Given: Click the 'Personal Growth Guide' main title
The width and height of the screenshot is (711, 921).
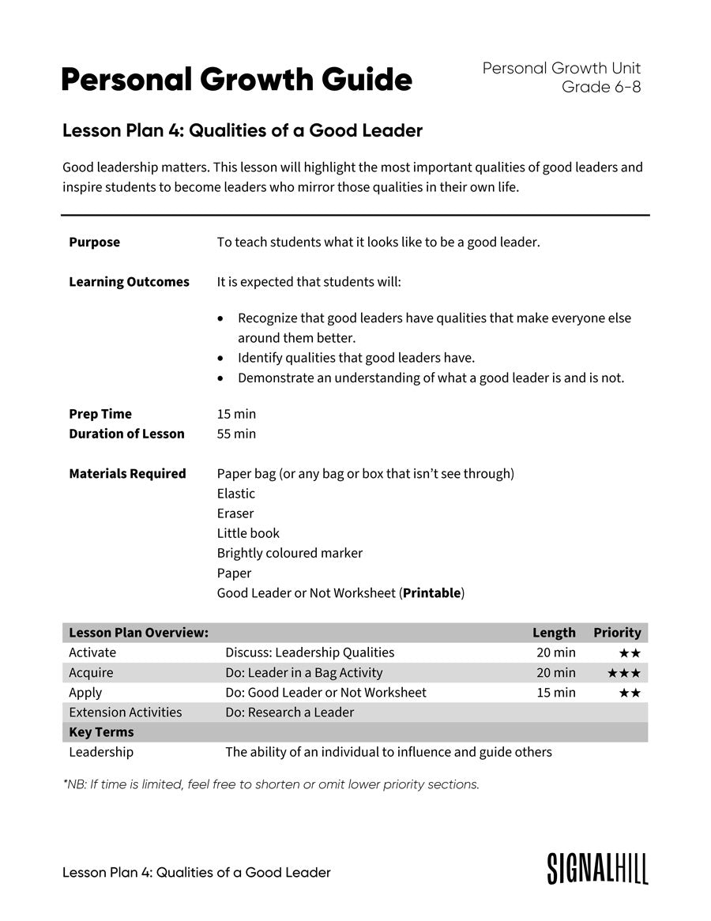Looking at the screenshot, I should pyautogui.click(x=236, y=80).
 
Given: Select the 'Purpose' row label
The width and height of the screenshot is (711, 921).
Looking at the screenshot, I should pyautogui.click(x=94, y=242).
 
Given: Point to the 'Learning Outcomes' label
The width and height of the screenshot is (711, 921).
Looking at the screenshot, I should pyautogui.click(x=129, y=282).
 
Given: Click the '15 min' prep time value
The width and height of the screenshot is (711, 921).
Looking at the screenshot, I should pyautogui.click(x=236, y=414).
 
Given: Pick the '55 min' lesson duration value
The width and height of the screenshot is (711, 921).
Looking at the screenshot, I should pyautogui.click(x=236, y=434).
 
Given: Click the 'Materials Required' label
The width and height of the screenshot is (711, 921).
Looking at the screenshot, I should pyautogui.click(x=127, y=474).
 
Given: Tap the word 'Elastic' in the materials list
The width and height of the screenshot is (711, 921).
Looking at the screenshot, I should pyautogui.click(x=235, y=494).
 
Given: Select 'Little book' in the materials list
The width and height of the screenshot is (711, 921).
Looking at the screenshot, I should pyautogui.click(x=248, y=533).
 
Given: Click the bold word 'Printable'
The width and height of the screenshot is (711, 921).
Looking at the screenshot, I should pyautogui.click(x=431, y=593).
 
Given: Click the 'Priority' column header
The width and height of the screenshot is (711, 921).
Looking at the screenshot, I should pyautogui.click(x=617, y=633).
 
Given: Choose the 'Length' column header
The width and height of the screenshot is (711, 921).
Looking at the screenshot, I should pyautogui.click(x=554, y=633).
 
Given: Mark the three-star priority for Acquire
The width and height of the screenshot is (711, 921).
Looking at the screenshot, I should pyautogui.click(x=623, y=673).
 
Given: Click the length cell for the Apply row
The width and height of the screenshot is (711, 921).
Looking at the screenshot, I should pyautogui.click(x=555, y=693).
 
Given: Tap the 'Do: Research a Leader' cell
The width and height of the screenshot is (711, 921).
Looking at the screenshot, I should pyautogui.click(x=289, y=712).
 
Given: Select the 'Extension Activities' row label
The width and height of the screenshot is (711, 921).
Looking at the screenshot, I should pyautogui.click(x=125, y=712).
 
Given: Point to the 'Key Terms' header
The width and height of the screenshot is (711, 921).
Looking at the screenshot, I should pyautogui.click(x=101, y=732).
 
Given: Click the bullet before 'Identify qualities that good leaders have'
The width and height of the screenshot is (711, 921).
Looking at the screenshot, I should pyautogui.click(x=220, y=358).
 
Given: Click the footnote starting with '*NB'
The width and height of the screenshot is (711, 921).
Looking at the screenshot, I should pyautogui.click(x=271, y=784).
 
